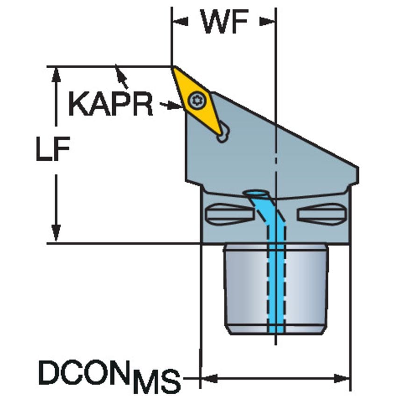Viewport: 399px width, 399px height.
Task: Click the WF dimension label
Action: coord(224,21)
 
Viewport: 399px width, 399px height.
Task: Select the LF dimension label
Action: coord(53,150)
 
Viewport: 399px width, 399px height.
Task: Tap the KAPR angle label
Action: coord(111,103)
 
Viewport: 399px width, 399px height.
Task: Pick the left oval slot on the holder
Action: coord(229,214)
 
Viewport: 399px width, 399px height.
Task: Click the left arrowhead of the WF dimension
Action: coord(179,21)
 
